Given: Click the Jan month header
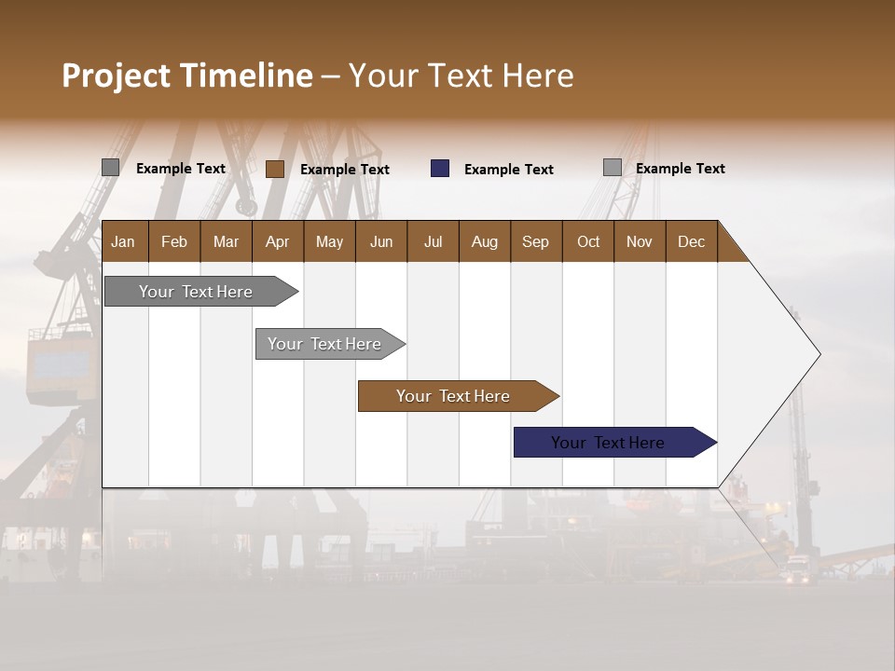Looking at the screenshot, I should point(123,241).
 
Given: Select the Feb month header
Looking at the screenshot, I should point(174,241).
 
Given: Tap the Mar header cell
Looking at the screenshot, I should point(226,241).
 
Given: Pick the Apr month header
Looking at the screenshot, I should point(277,241).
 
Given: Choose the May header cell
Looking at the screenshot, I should point(329,241).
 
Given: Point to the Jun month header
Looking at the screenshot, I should point(381,241).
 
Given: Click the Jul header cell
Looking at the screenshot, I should point(433,241).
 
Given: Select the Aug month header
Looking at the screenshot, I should point(484,241).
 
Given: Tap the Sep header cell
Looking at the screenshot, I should point(535,241).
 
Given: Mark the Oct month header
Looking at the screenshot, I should point(588,241).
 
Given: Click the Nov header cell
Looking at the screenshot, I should point(640,241).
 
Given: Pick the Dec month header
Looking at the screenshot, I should point(691,241).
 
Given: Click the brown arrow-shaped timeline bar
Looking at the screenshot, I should point(453,396).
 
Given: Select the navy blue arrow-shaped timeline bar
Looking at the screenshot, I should point(608,443).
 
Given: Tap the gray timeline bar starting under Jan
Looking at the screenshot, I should point(196,292).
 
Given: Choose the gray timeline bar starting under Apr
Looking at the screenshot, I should point(324,344).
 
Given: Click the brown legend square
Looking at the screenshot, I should point(275,169).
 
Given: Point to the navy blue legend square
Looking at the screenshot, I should point(440,169).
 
